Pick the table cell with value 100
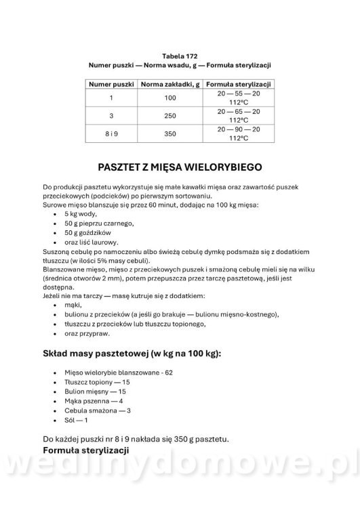tap(169, 98)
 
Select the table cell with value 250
tap(169, 116)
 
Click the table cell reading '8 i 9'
tap(111, 133)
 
